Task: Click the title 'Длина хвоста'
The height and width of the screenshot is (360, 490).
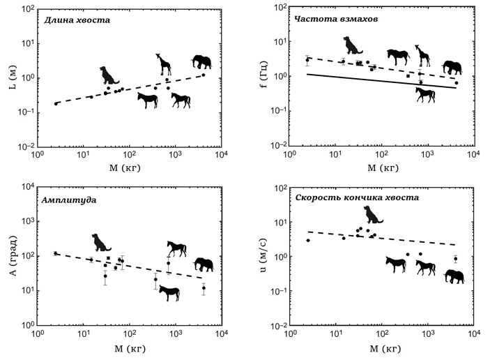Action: (x=77, y=20)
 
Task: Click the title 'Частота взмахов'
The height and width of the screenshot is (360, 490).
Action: (x=337, y=20)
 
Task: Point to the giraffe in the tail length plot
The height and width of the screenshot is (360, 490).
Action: (x=164, y=63)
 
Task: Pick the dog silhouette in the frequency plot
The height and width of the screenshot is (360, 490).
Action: (x=353, y=45)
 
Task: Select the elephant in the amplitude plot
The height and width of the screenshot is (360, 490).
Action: (x=204, y=264)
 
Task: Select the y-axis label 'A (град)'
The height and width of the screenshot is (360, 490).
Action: (x=9, y=257)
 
